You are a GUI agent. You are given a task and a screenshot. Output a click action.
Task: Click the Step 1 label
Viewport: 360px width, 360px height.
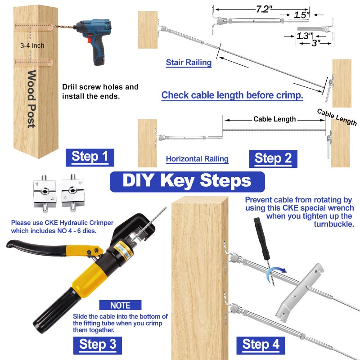tap(90, 157)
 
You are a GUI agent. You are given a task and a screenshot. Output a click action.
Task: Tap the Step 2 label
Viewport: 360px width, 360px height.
tap(273, 158)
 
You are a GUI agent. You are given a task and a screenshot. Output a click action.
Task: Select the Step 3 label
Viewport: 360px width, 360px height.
tap(97, 344)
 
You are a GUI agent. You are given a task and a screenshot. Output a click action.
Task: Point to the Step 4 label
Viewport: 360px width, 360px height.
tap(261, 345)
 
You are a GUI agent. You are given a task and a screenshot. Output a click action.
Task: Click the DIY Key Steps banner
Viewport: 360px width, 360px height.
tap(187, 181)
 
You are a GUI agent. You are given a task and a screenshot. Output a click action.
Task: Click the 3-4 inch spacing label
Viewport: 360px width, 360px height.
tap(32, 45)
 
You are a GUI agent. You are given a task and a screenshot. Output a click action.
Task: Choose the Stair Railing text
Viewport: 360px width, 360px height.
tap(189, 63)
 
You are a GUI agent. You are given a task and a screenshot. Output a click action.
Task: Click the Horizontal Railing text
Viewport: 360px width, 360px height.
tap(197, 158)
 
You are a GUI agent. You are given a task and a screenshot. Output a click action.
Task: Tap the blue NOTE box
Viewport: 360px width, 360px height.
tap(120, 305)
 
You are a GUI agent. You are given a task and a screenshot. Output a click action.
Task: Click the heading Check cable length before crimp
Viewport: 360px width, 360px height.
tap(232, 95)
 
